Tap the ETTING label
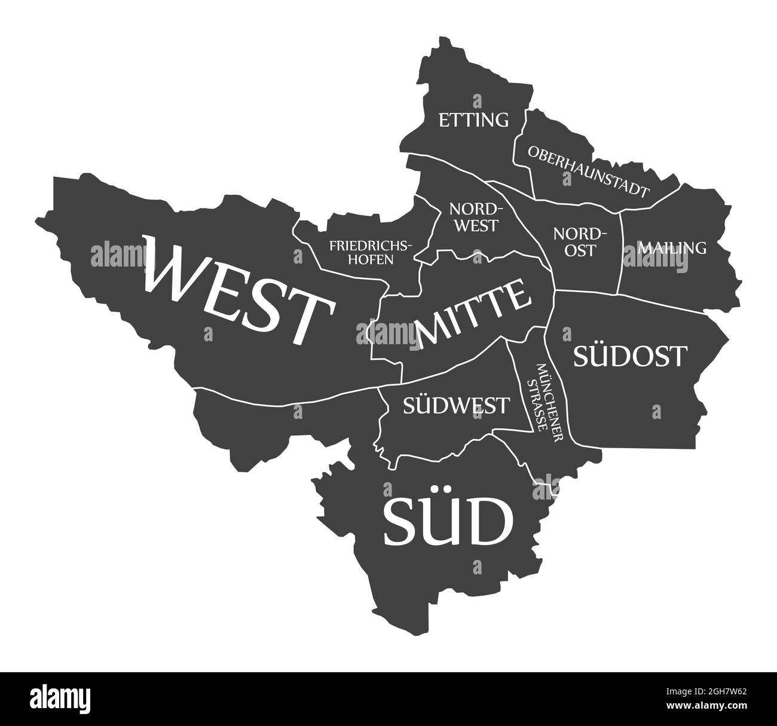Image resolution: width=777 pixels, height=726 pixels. tap(474, 120)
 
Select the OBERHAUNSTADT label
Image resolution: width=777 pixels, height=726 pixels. tap(588, 171)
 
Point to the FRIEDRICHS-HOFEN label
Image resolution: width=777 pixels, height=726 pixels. tap(371, 252)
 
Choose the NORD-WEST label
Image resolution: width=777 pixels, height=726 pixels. tap(473, 217)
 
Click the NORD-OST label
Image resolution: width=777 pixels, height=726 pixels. tap(580, 241)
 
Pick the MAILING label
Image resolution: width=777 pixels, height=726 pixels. tap(672, 247)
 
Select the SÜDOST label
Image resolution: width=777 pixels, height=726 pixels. tap(629, 356)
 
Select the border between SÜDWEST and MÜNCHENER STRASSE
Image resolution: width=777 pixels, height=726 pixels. tap(520, 388)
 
